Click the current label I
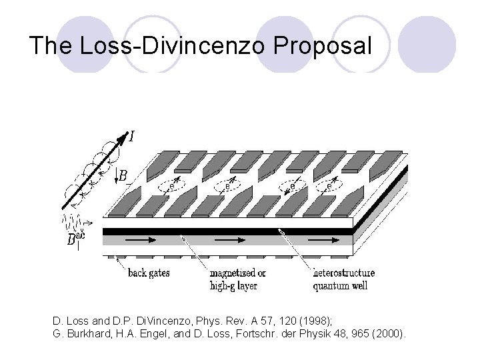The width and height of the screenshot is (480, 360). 131,137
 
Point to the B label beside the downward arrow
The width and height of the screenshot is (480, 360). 123,176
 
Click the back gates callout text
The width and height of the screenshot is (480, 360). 149,273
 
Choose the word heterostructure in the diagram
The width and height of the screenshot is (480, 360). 344,273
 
